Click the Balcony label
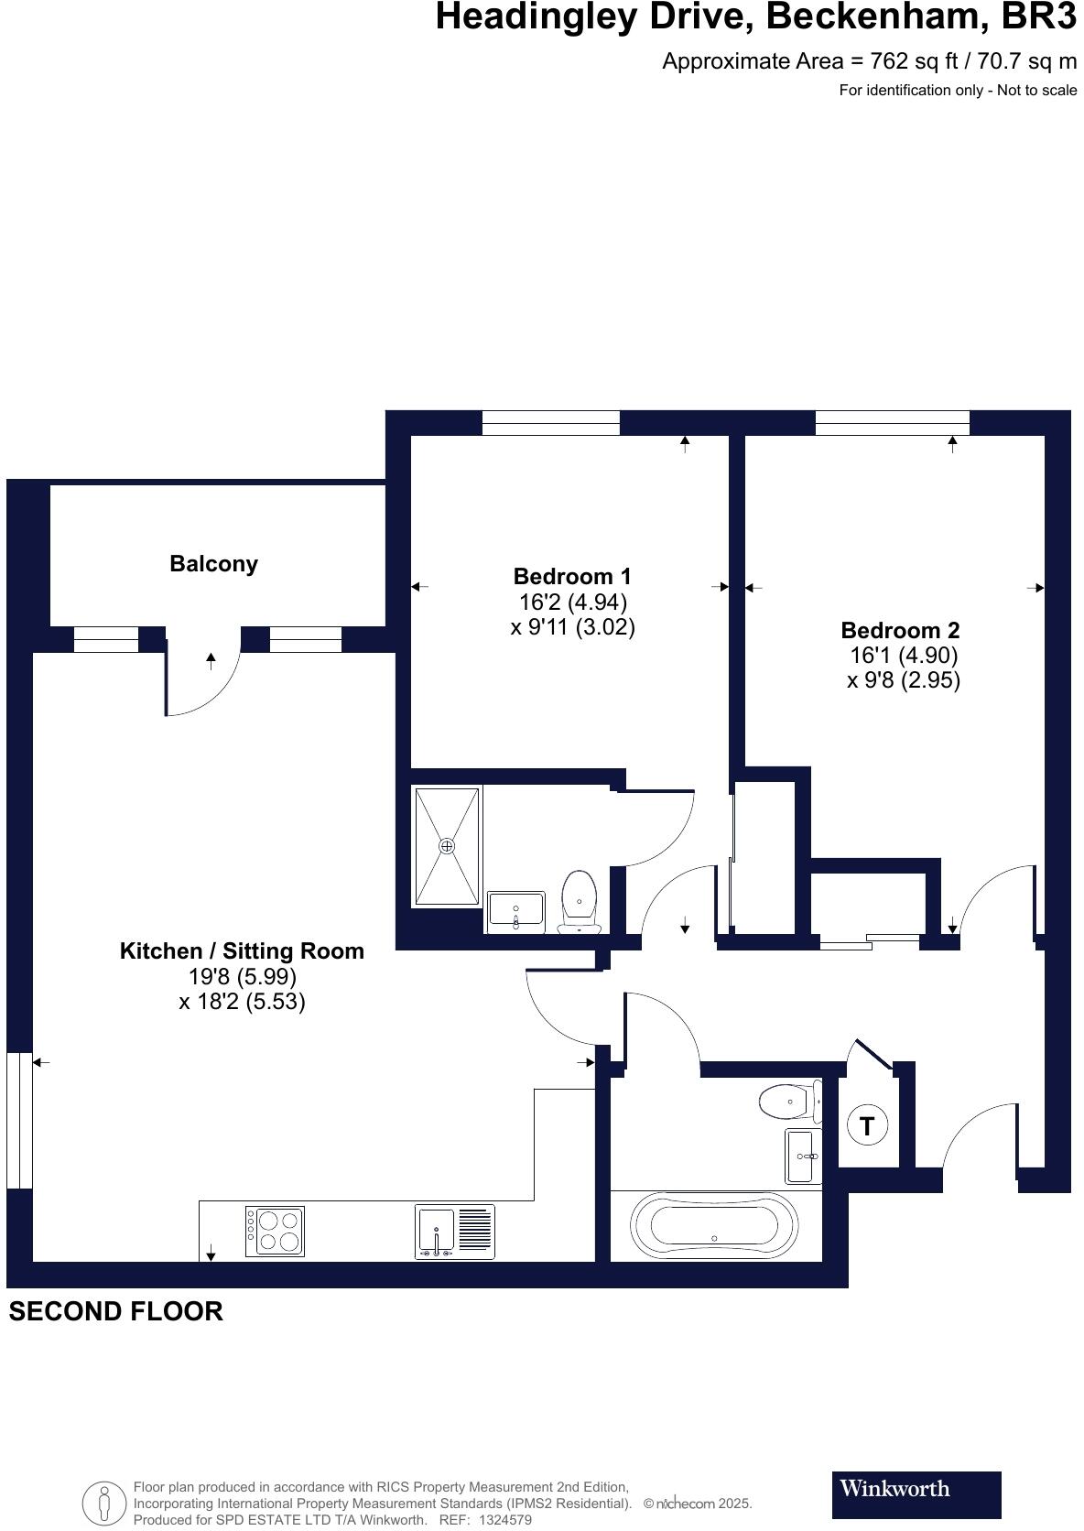[213, 564]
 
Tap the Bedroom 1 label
[572, 577]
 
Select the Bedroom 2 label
[900, 631]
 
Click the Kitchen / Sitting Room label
[242, 951]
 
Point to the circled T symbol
[867, 1124]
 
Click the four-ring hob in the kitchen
[276, 1232]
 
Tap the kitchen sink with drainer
[455, 1232]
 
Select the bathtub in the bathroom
[714, 1224]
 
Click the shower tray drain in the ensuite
[447, 846]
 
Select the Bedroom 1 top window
[550, 422]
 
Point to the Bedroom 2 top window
[892, 422]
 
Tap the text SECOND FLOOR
[115, 1311]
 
